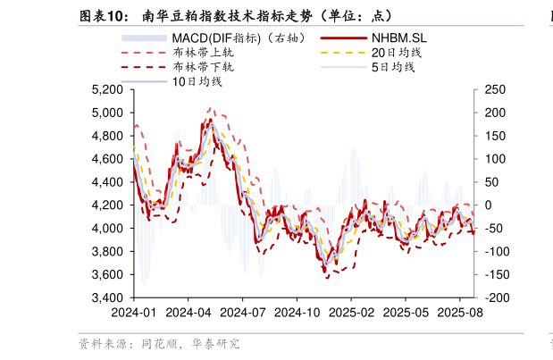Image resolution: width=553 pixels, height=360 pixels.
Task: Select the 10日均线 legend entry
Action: (x=197, y=81)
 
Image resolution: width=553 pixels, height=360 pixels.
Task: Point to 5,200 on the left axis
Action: (x=107, y=90)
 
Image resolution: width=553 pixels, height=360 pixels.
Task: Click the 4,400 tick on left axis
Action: (x=107, y=182)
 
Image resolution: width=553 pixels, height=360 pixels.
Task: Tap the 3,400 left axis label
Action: (x=107, y=297)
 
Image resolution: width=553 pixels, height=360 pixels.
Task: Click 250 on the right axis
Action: (x=495, y=90)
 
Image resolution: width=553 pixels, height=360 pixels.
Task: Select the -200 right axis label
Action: (x=497, y=297)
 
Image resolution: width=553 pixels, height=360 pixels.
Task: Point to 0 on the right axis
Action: (x=489, y=205)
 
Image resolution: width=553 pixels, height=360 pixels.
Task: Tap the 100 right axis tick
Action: (x=495, y=159)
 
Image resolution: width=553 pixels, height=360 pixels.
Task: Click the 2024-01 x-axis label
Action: (x=133, y=314)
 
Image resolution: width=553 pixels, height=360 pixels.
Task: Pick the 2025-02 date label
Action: (x=350, y=314)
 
